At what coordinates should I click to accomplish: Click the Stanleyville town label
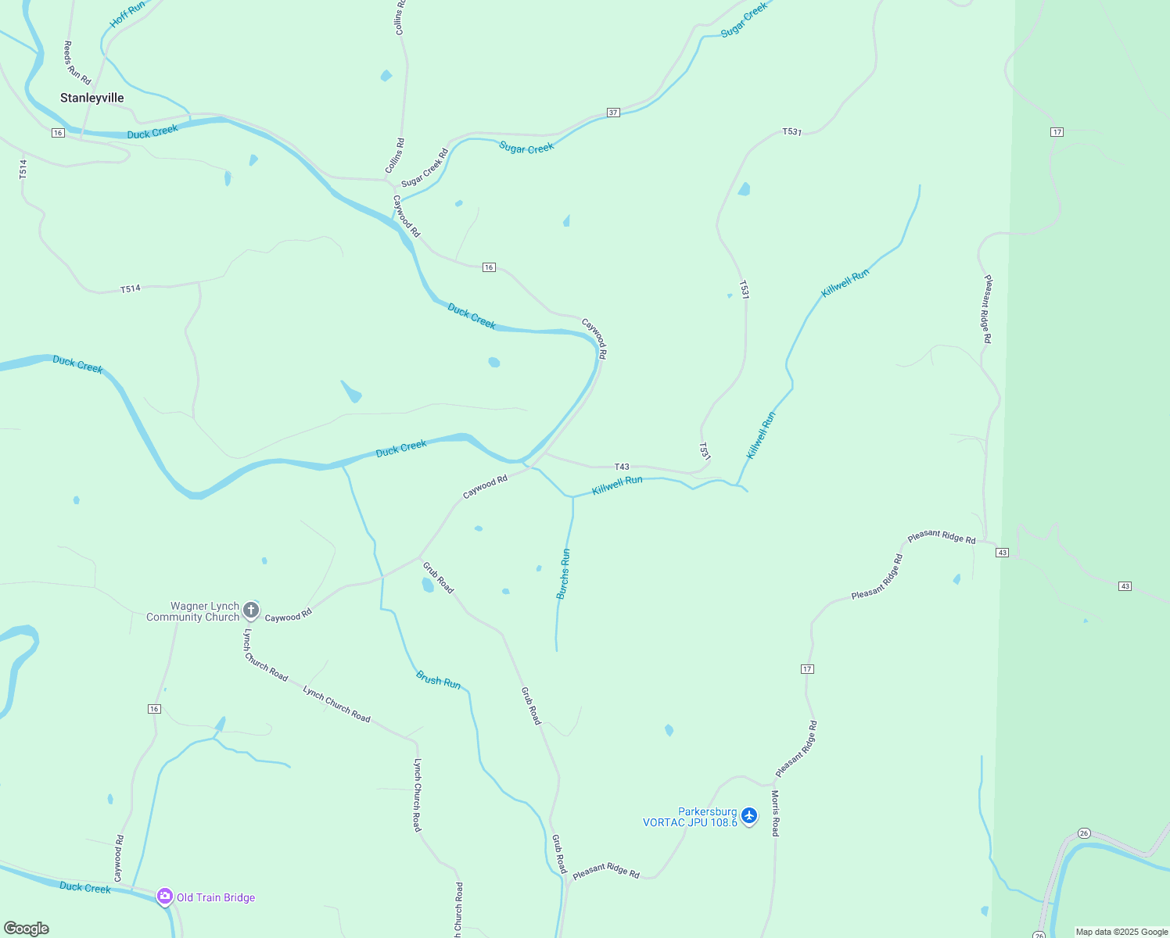point(92,98)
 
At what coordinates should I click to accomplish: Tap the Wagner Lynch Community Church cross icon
point(251,610)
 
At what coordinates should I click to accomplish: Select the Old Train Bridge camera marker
point(164,896)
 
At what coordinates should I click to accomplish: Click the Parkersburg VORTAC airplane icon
point(749,815)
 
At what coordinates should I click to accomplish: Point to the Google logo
point(27,929)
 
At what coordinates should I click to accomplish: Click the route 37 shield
point(613,113)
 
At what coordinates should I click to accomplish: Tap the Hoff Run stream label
point(127,15)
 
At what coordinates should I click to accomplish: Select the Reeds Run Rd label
point(77,63)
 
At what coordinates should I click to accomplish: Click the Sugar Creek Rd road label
point(425,167)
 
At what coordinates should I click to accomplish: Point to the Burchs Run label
point(564,574)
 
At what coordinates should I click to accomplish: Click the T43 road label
point(622,467)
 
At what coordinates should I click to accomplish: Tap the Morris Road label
point(775,813)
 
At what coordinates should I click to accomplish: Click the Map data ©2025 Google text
point(1122,932)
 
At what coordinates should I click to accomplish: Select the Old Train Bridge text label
point(216,897)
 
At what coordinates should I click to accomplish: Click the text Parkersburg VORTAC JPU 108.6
point(690,817)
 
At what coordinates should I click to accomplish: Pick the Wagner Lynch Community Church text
point(193,611)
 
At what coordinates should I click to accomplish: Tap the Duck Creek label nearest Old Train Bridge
point(85,887)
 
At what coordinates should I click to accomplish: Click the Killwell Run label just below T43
point(617,485)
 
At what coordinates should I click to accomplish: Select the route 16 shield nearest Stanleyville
point(58,133)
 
